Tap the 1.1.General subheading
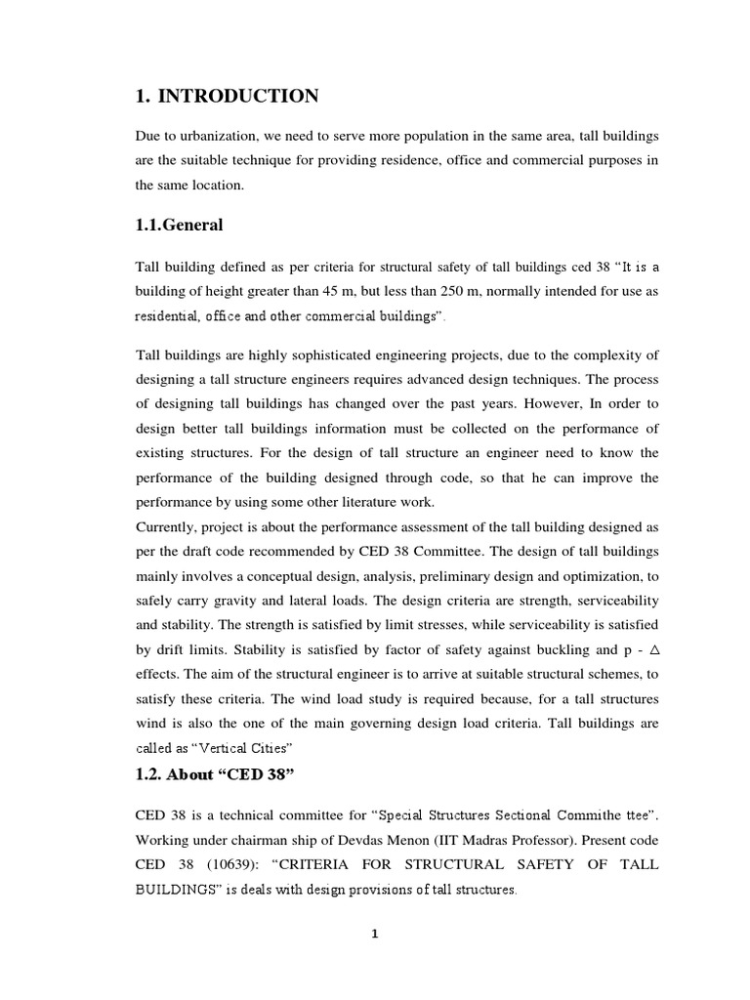(180, 225)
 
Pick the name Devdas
(390, 839)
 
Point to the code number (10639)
(238, 864)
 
